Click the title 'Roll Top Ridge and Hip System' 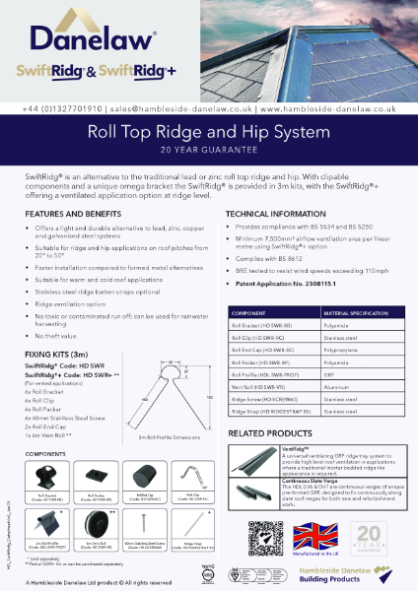pyautogui.click(x=208, y=129)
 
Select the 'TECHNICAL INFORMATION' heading pyautogui.click(x=277, y=212)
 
